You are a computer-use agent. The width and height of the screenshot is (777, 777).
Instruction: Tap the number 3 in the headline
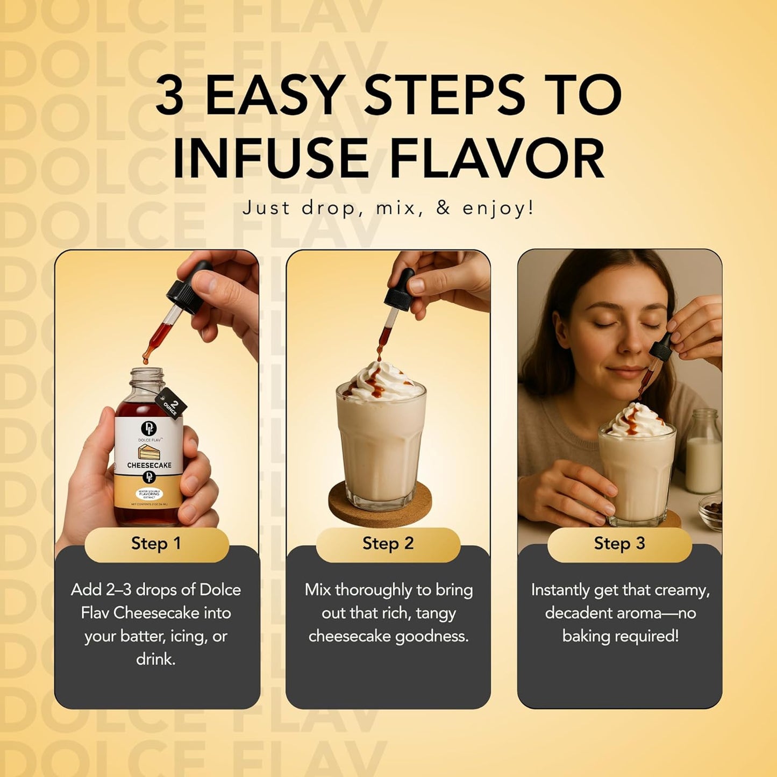click(x=169, y=95)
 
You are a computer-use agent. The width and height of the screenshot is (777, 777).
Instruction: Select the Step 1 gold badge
click(x=156, y=544)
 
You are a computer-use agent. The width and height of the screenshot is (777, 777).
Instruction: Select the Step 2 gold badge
click(x=388, y=544)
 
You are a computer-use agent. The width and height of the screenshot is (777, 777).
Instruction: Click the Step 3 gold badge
click(x=619, y=544)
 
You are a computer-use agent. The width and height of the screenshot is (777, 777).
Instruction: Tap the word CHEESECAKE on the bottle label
click(x=149, y=465)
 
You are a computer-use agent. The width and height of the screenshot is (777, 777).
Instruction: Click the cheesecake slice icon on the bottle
click(x=149, y=451)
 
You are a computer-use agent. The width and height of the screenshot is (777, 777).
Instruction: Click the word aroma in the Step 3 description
click(x=643, y=613)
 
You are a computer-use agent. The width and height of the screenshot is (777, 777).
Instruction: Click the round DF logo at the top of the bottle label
click(x=148, y=429)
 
